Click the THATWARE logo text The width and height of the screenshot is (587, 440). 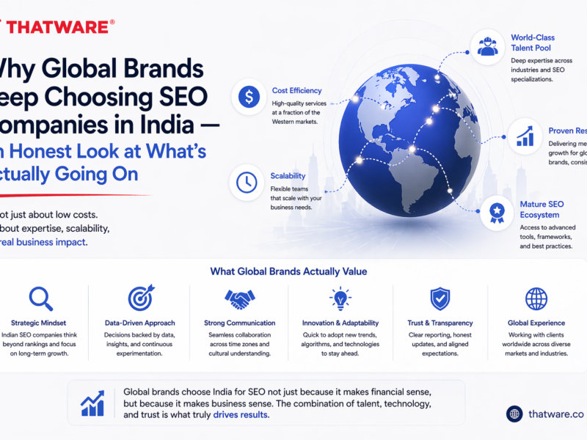point(59,27)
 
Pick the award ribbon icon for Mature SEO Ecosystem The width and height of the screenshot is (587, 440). point(497,213)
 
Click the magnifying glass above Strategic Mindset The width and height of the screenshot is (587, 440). point(40,298)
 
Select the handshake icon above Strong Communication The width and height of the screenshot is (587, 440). point(239,299)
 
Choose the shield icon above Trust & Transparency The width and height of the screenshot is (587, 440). point(439,298)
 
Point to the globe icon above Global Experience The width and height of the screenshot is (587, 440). point(536,298)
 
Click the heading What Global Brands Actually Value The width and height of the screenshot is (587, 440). point(288,271)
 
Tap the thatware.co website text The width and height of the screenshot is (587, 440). point(556,414)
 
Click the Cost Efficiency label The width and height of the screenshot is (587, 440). point(296,91)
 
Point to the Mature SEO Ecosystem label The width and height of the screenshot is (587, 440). point(539,210)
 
